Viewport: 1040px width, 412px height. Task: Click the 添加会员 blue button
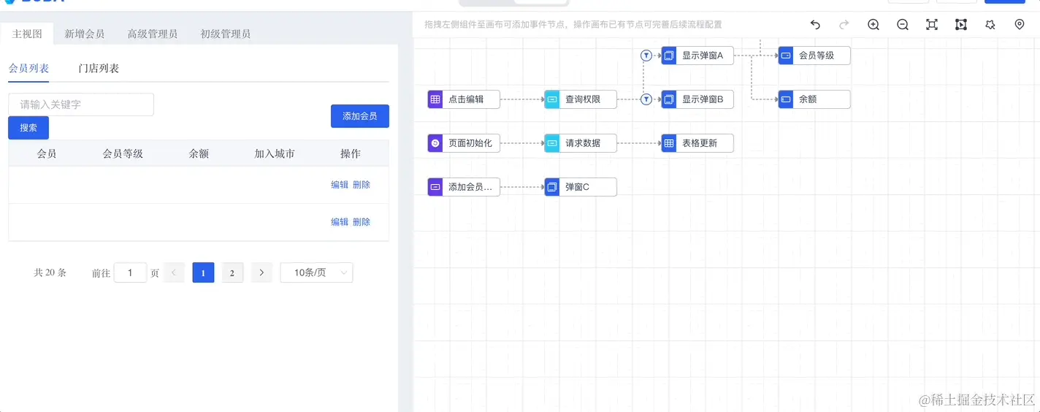point(359,116)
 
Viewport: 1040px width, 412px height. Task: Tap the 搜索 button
point(28,128)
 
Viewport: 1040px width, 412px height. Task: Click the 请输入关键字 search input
point(81,104)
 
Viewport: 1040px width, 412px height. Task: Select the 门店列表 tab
point(99,69)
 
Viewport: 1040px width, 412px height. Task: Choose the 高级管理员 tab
point(152,34)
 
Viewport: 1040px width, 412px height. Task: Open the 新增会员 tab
point(84,34)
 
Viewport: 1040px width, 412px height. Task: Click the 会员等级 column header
point(123,153)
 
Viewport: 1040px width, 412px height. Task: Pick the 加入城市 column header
point(275,153)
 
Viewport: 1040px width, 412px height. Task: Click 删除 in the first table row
point(362,185)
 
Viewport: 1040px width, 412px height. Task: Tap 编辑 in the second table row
point(340,222)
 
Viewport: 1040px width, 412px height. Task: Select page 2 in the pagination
point(232,272)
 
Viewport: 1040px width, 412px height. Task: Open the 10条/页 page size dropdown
point(316,272)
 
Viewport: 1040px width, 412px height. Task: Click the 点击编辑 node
point(464,99)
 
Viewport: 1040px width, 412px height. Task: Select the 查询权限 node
point(581,99)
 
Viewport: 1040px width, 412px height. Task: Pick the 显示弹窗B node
point(697,99)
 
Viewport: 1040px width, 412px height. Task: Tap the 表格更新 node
point(697,143)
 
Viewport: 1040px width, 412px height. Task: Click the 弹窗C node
point(581,187)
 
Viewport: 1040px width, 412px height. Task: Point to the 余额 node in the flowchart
point(814,99)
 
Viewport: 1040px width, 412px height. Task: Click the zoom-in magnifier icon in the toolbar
point(873,25)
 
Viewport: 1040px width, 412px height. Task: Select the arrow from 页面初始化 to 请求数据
point(522,143)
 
